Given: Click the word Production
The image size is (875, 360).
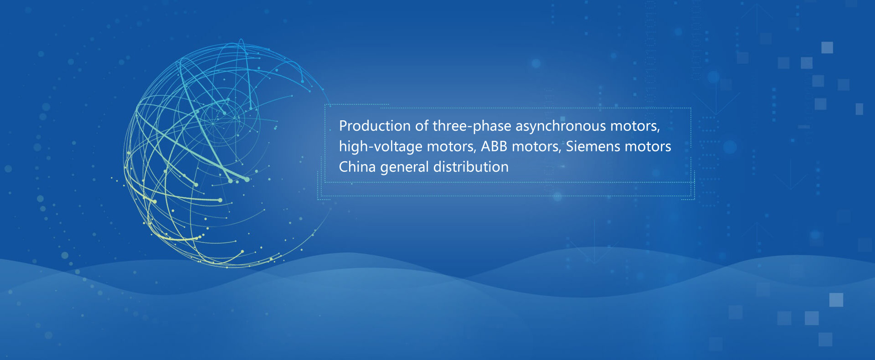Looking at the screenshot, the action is pos(375,126).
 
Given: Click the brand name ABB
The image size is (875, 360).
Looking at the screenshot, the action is pos(494,146).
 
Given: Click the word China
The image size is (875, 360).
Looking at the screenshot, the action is pos(357,167).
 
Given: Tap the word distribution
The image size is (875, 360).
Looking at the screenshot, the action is pos(471,167).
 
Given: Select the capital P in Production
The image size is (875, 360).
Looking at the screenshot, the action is pos(343,126).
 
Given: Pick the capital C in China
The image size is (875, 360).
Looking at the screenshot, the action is pos(344,167).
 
